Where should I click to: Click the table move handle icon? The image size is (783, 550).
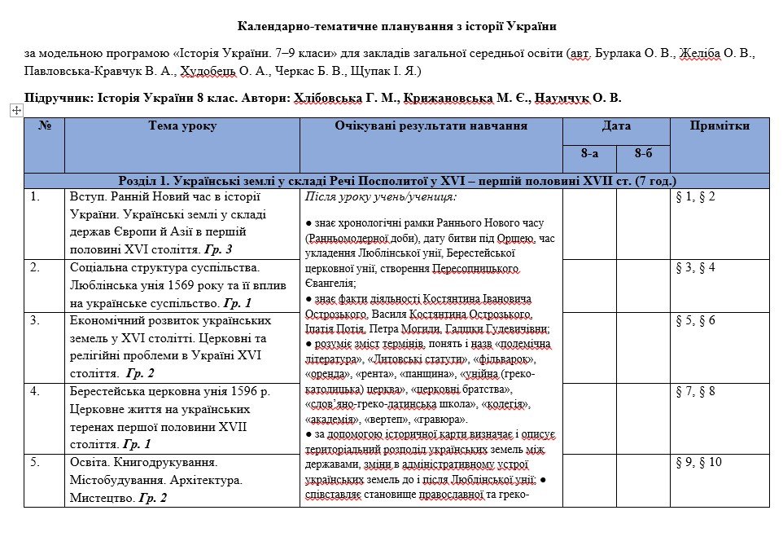[15, 109]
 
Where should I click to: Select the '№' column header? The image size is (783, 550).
[45, 126]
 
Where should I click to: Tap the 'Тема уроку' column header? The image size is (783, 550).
[182, 126]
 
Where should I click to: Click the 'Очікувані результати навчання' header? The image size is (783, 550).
[431, 126]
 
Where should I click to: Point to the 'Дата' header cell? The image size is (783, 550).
[616, 126]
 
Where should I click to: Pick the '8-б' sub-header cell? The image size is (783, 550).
[643, 154]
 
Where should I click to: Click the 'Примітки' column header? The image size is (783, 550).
[719, 126]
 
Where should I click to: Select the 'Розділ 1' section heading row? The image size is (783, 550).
[396, 181]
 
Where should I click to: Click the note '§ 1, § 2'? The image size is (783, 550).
[696, 196]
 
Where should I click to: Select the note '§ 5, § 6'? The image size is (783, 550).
[696, 320]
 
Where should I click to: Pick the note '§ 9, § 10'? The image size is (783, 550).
[699, 462]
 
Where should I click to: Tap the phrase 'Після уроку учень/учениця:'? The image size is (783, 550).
[381, 196]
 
